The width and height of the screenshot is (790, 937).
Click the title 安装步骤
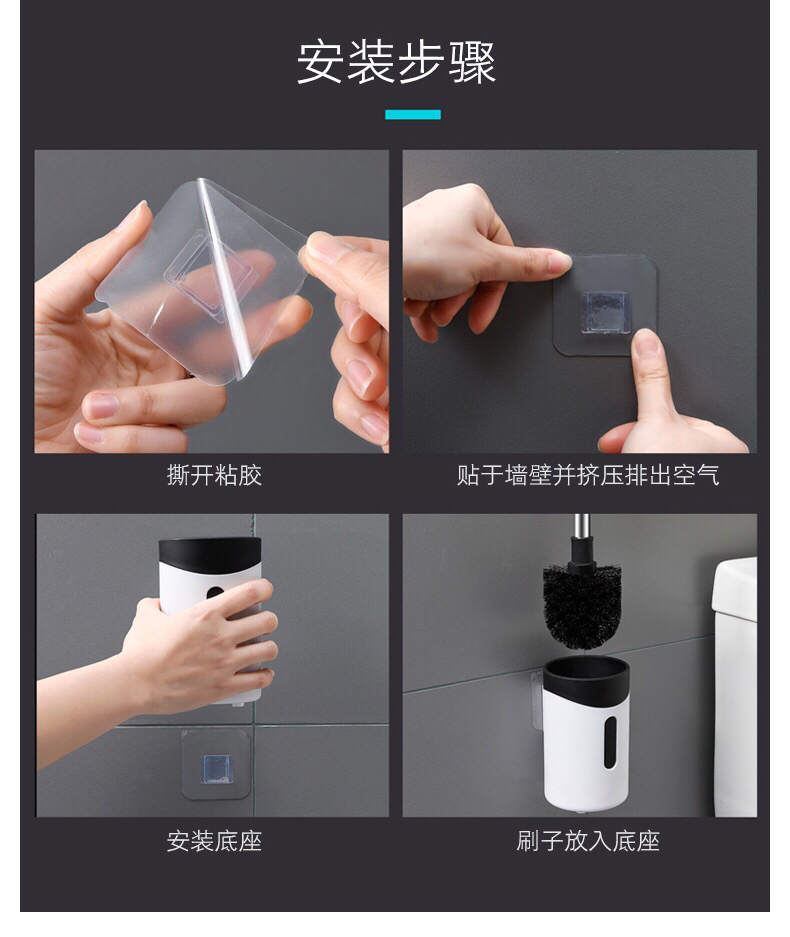click(x=396, y=63)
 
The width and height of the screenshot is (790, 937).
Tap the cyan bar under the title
click(x=413, y=114)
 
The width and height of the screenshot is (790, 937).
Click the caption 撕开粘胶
click(x=214, y=476)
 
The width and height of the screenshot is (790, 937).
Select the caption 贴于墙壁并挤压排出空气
click(x=588, y=476)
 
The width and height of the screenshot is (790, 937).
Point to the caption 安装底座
click(x=214, y=841)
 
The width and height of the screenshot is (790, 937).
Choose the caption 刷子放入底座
click(x=588, y=841)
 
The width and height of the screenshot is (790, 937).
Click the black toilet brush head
click(x=582, y=607)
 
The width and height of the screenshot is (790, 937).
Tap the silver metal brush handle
click(x=581, y=529)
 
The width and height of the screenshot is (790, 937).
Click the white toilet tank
click(x=735, y=686)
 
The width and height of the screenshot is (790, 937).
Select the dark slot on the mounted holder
click(x=609, y=742)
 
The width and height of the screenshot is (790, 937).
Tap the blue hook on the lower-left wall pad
click(x=216, y=768)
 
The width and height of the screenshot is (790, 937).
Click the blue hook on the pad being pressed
click(x=604, y=311)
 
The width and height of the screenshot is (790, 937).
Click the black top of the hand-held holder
click(x=210, y=558)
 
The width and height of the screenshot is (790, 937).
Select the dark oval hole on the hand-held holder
click(x=215, y=592)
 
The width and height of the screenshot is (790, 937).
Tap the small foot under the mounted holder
click(x=579, y=810)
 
